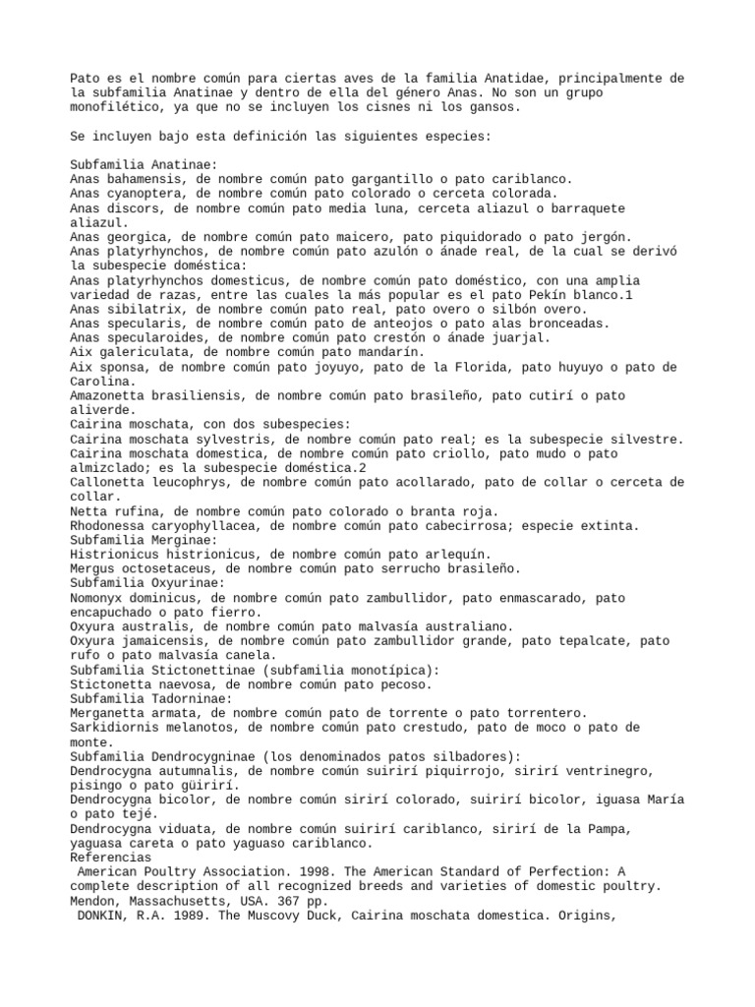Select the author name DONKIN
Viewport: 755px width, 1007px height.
click(x=99, y=914)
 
